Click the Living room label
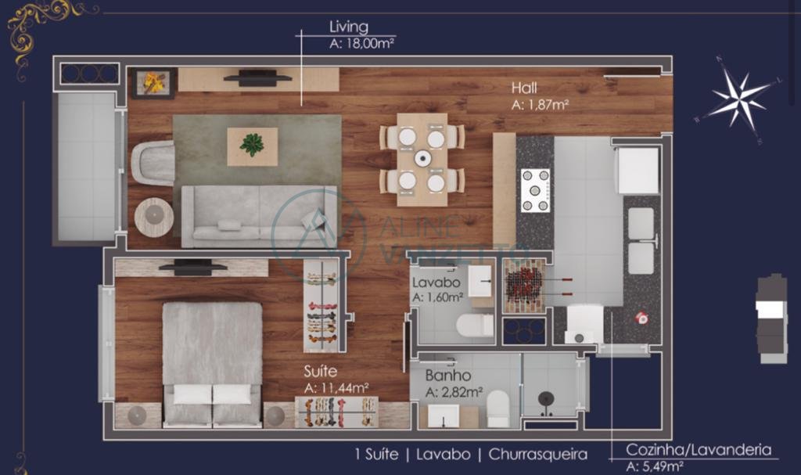click(x=349, y=27)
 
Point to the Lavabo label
click(x=436, y=282)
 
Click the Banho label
click(x=448, y=376)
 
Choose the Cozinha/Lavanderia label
click(x=699, y=450)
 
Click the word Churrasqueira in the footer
click(x=538, y=454)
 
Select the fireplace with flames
click(x=154, y=83)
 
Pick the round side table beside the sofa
click(x=154, y=216)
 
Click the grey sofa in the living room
click(x=259, y=216)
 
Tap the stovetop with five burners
click(x=535, y=190)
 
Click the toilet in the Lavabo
click(x=475, y=326)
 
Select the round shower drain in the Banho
click(x=546, y=398)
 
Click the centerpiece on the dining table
click(x=422, y=159)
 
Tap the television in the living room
click(x=258, y=78)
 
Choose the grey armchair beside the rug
click(x=153, y=163)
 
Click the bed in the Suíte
click(x=212, y=364)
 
